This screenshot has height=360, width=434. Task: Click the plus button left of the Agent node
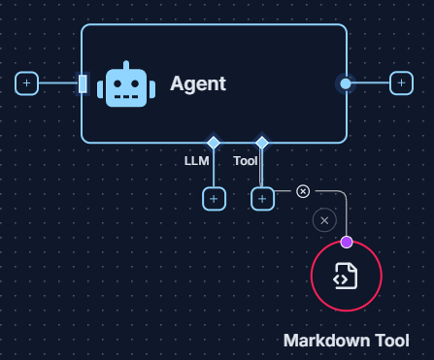[27, 83]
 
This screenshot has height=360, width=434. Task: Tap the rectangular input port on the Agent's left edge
[83, 83]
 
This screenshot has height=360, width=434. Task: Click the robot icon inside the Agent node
[125, 84]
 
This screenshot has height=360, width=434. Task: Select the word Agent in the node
[198, 83]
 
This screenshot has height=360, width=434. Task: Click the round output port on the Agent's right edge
[346, 83]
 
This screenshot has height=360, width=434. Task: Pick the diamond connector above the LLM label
[214, 143]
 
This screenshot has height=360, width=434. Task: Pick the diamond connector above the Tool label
[262, 143]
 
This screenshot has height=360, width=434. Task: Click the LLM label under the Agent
[197, 161]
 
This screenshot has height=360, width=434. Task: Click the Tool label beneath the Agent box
[246, 161]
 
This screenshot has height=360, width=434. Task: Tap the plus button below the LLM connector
[214, 199]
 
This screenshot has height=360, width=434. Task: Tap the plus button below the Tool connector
[262, 199]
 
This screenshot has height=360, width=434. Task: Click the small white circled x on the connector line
[303, 191]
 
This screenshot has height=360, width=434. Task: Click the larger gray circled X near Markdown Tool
[324, 220]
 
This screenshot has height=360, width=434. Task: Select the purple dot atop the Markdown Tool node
[347, 242]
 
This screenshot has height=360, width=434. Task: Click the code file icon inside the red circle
[346, 277]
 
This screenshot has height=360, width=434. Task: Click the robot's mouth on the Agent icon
[125, 95]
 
